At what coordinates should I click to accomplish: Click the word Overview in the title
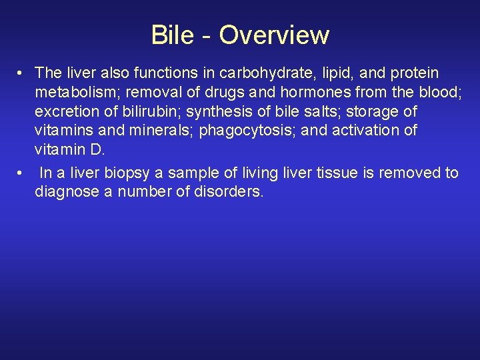point(274,35)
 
